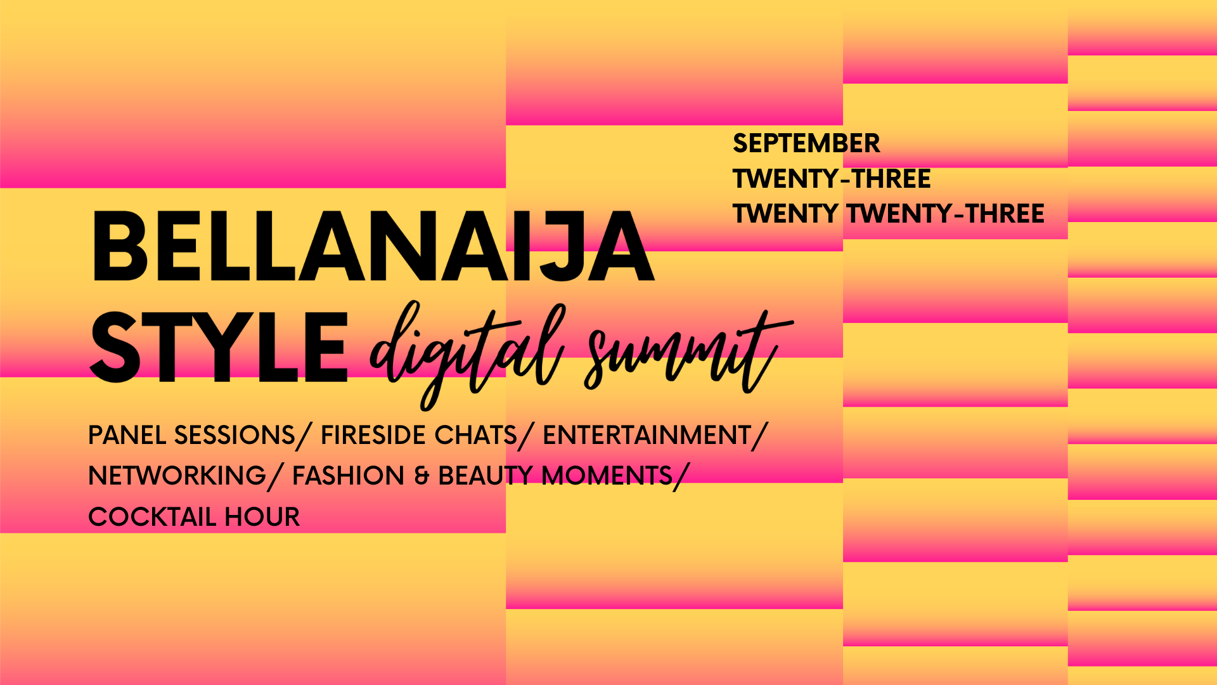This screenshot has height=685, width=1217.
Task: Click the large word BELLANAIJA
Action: coord(373,246)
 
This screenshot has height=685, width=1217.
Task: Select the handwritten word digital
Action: coord(467,353)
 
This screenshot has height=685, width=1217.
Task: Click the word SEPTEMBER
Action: coord(806,143)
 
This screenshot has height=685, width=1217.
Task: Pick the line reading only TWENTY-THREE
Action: coord(832,179)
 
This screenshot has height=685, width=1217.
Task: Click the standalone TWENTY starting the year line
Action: coord(785,214)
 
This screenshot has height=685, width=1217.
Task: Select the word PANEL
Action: coord(127,435)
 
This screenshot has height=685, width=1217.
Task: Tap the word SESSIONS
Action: coord(235,435)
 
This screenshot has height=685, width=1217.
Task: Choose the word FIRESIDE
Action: coord(373,435)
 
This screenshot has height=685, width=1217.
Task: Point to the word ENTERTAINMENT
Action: coord(647,435)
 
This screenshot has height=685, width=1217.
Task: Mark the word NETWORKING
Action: coord(177,476)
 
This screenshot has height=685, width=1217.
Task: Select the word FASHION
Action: coord(348,476)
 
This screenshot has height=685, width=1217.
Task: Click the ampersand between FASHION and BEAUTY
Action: coord(422,476)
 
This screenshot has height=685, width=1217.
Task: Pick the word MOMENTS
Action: coord(607,476)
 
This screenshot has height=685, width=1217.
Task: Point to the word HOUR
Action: coord(262,517)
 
